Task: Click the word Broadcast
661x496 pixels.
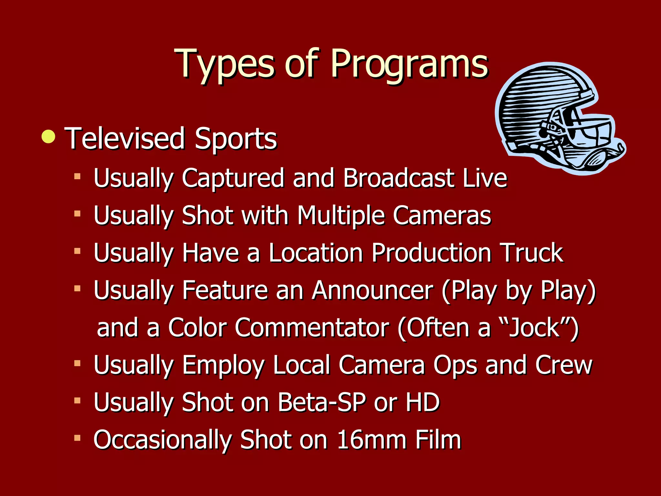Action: tap(399, 178)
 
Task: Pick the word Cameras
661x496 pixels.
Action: tap(442, 215)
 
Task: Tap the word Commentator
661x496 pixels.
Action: tap(312, 328)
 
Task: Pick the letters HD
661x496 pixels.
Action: tap(423, 402)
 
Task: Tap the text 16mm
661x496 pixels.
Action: tap(371, 439)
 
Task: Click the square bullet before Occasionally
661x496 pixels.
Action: tap(77, 438)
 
